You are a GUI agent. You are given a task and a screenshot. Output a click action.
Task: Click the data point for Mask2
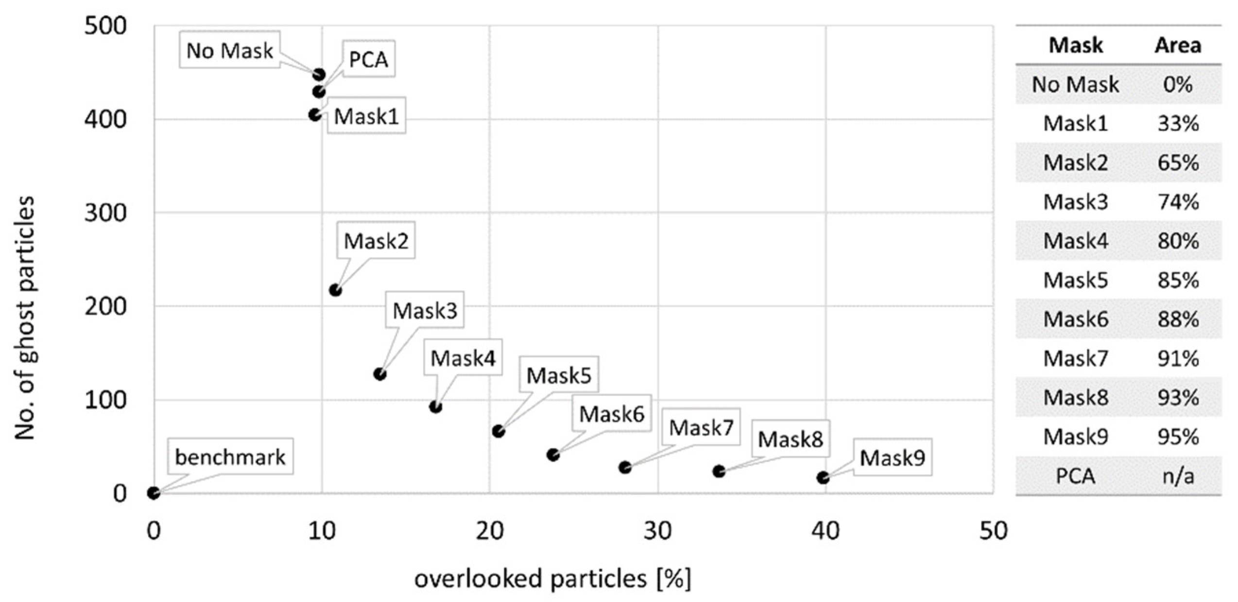pos(335,290)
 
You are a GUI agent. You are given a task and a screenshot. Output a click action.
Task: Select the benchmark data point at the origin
pos(154,493)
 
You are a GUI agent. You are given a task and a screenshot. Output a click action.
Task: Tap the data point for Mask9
pos(823,478)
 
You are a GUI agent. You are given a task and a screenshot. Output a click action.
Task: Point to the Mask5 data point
pos(498,431)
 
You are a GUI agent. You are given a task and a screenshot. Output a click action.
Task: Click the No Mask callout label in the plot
pos(229,51)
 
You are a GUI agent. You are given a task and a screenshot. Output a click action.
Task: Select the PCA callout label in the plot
pos(368,59)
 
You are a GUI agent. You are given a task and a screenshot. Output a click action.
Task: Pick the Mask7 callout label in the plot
pos(701,427)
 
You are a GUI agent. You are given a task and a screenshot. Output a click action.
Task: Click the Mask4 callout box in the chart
pos(463,358)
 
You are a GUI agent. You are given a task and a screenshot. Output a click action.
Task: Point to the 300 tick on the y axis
pos(105,213)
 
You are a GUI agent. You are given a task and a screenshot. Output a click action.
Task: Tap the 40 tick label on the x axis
pos(825,531)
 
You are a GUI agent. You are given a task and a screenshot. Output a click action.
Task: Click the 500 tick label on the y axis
pos(105,26)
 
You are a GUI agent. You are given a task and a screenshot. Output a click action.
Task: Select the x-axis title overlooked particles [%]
pos(552,579)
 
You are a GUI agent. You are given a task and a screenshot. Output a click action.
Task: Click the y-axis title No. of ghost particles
pos(24,318)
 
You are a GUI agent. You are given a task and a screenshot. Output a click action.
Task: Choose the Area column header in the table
pos(1178,45)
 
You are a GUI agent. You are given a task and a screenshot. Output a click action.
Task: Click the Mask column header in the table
pos(1075,45)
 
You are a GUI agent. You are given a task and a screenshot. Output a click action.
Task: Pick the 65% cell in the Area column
pos(1178,162)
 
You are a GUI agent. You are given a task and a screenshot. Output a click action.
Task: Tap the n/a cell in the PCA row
pos(1178,476)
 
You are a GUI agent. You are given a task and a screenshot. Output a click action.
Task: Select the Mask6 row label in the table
pos(1075,319)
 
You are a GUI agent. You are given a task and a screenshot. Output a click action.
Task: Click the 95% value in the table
pos(1178,437)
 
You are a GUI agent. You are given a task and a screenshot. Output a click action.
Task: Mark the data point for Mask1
pos(315,115)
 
